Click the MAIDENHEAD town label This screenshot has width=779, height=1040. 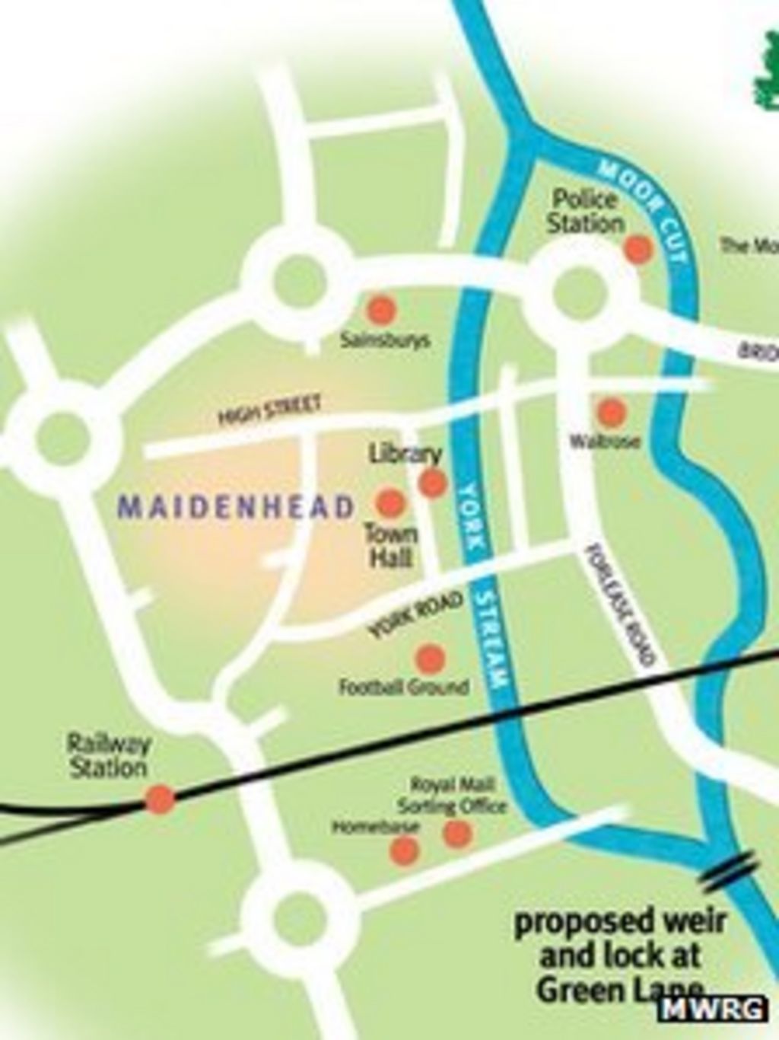[x=237, y=507]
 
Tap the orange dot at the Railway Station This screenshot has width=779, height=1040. [x=160, y=799]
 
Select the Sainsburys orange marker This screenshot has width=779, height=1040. [x=381, y=310]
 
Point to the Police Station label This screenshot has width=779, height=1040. [x=585, y=212]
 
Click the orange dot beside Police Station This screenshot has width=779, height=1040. [x=638, y=248]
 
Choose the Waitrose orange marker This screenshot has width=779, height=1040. [x=611, y=412]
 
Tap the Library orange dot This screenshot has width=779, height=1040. [x=433, y=482]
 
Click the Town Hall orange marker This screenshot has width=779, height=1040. [x=390, y=502]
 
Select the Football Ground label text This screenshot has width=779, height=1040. [x=403, y=687]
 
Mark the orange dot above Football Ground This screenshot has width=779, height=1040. [x=431, y=657]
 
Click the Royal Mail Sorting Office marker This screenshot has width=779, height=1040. [x=457, y=834]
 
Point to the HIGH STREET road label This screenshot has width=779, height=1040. [x=269, y=410]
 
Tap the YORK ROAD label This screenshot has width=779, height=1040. [x=416, y=614]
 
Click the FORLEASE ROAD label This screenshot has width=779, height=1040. [x=620, y=605]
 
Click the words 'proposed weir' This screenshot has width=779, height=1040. [x=620, y=923]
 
